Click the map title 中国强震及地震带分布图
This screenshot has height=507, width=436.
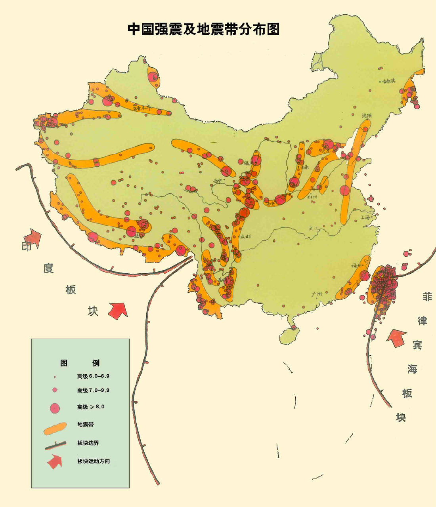[x=203, y=29]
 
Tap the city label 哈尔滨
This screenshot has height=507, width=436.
[x=388, y=81]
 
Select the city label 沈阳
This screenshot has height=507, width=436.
[x=367, y=115]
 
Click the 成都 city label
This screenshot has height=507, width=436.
[x=245, y=236]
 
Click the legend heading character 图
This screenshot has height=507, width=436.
[x=64, y=363]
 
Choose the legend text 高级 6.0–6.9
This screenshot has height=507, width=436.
[x=93, y=376]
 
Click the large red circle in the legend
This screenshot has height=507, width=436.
[x=54, y=407]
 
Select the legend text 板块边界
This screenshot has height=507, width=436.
[x=88, y=443]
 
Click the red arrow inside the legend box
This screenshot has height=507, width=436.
[x=55, y=461]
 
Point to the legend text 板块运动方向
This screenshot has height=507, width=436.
[x=94, y=461]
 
